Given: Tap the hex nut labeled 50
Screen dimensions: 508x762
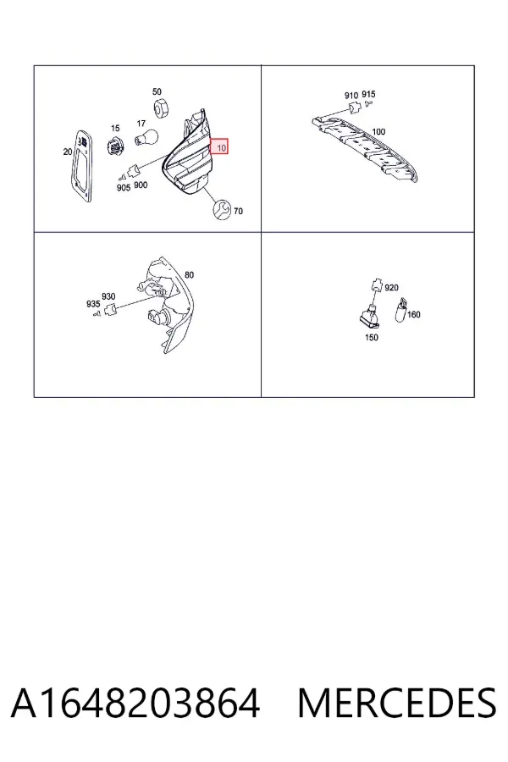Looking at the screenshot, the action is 160,108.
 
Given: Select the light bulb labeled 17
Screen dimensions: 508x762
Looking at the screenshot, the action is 146,137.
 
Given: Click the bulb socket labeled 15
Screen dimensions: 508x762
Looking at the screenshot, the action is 115,144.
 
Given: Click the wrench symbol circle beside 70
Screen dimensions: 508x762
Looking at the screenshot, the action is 222,209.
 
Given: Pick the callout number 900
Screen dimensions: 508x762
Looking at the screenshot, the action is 141,185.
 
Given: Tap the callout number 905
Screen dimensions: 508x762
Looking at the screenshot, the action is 124,188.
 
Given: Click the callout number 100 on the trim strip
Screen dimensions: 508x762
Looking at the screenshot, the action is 378,132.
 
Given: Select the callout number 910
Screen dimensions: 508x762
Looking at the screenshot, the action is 351,96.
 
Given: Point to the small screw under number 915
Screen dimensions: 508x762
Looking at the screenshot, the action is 368,103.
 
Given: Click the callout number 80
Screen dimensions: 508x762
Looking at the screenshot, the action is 189,275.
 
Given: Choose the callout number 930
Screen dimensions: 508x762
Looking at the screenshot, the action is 108,296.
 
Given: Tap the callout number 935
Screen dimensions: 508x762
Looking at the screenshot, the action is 93,304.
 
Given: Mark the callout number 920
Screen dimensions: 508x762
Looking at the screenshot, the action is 391,288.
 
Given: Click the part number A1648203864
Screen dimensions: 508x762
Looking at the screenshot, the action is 135,704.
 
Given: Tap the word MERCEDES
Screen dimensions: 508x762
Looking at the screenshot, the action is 397,704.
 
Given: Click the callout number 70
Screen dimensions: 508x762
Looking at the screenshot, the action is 238,212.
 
